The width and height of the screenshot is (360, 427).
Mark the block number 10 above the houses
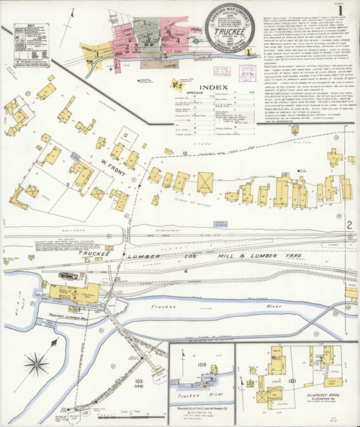point(184,154)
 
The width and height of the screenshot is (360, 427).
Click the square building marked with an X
point(206,180)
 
